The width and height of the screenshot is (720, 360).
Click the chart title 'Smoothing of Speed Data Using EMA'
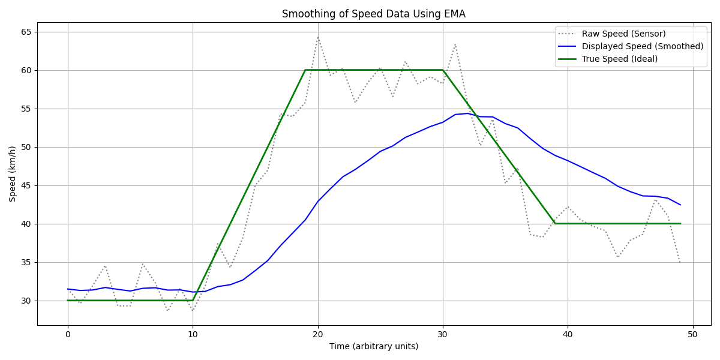point(373,14)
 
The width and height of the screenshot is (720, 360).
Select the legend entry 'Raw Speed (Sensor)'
point(623,34)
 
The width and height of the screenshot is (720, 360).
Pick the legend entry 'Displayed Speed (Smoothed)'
point(643,46)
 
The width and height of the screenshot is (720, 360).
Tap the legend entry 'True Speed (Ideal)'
point(620,59)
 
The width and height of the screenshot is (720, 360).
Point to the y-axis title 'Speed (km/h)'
point(13,173)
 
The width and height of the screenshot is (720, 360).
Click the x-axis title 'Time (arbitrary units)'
point(373,346)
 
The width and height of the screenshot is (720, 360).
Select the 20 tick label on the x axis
point(317,334)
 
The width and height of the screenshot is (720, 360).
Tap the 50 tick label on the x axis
point(692,334)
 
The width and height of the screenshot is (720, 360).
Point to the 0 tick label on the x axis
point(68,334)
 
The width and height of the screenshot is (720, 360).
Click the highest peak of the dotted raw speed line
point(318,37)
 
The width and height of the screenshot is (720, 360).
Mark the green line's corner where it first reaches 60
point(305,70)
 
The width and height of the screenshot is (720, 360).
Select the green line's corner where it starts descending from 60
point(443,70)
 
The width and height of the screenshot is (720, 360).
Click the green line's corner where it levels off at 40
point(555,224)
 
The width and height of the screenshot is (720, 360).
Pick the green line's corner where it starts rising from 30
point(193,300)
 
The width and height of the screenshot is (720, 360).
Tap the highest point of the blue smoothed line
point(468,113)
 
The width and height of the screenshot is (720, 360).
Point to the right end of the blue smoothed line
point(680,205)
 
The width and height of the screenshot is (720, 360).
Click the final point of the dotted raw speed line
point(680,263)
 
